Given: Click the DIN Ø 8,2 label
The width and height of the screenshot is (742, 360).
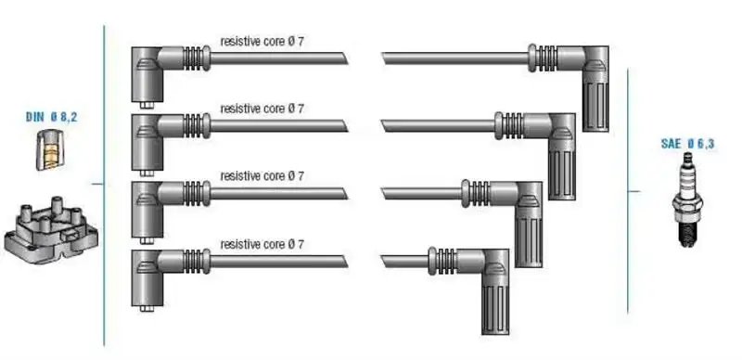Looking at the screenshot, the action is pos(51,117).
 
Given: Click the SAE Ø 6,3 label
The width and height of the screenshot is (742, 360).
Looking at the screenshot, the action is pos(687,144).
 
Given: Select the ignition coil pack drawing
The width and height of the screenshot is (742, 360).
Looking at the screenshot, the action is pos(51,229).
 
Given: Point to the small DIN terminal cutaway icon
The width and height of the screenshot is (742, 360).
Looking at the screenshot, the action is pos(49,149).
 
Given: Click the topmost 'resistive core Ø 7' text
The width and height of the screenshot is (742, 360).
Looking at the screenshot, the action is pos(262,41).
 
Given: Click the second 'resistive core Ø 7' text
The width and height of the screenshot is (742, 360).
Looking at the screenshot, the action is pos(262,109).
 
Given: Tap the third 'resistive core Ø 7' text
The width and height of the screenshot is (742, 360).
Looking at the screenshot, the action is pos(262,176).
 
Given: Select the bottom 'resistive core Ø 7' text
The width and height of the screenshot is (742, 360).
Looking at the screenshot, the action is pos(262,244).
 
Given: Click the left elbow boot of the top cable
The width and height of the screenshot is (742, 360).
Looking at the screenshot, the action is pos(147,74).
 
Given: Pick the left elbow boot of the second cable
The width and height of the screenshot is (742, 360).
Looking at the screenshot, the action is pos(147,142).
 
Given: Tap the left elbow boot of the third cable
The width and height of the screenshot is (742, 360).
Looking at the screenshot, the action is pos(147,210).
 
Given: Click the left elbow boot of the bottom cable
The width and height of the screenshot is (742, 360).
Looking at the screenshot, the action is pos(147,277).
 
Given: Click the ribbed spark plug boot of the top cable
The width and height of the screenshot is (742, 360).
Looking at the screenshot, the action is pos(595,88).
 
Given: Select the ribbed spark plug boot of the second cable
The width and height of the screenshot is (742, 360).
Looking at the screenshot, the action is pos(562,156).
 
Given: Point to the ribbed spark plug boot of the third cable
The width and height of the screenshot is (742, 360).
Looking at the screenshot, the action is pos(529,224).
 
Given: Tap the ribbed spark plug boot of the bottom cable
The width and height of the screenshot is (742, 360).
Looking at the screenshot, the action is pos(495,291).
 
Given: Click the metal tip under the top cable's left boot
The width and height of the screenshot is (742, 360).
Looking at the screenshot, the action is pos(147,106).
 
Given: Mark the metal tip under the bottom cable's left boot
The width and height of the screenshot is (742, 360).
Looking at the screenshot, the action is pos(147,308).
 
